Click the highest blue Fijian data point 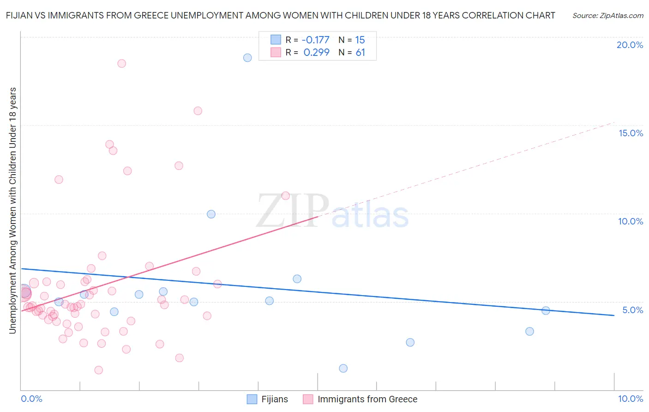tap(247, 58)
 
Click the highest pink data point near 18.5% tap(121, 63)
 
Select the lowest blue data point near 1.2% tap(343, 368)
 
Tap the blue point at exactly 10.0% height tap(211, 214)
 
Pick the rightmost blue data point tap(546, 310)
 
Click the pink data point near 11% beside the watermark tap(285, 196)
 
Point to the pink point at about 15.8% tap(198, 111)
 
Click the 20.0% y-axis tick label tap(630, 45)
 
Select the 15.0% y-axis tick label tap(631, 133)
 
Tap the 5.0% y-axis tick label tap(632, 310)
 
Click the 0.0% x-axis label tap(31, 399)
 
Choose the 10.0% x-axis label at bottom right tap(630, 399)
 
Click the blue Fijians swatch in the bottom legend tap(252, 399)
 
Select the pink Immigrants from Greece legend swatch tap(308, 399)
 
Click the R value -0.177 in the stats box tap(316, 40)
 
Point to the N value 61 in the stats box tap(360, 53)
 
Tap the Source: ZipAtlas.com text tap(607, 15)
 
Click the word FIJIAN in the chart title tap(20, 15)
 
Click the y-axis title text tap(12, 210)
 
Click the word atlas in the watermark tap(370, 216)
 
